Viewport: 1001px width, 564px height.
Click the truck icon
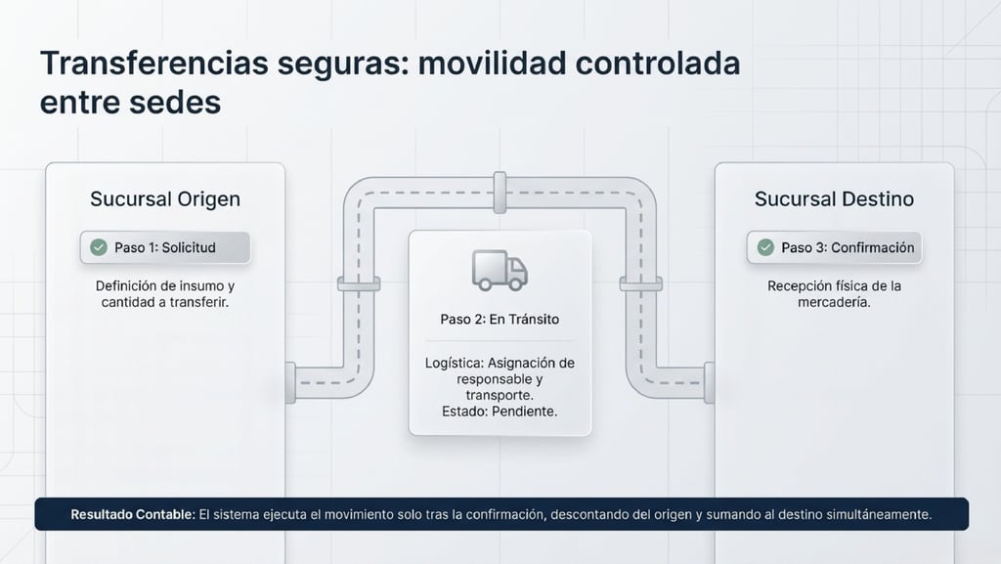coord(500,269)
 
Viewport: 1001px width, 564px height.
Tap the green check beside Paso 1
coord(98,248)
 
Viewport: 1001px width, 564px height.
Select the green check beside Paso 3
coord(764,248)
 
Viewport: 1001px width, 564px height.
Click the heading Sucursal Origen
coord(164,199)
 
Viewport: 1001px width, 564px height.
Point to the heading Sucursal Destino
coord(834,199)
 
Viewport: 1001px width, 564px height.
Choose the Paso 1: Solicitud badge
coord(165,248)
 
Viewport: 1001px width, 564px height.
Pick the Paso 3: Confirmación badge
coord(834,248)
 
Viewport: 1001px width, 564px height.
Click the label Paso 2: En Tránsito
coord(500,320)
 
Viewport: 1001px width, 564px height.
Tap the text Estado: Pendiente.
coord(500,412)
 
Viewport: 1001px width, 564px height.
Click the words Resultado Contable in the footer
coord(131,513)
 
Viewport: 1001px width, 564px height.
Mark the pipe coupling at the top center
coord(500,193)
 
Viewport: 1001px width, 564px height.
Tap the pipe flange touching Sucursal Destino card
coord(709,381)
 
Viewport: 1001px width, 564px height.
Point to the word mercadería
coord(834,303)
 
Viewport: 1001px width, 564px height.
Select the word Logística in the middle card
coord(455,363)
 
